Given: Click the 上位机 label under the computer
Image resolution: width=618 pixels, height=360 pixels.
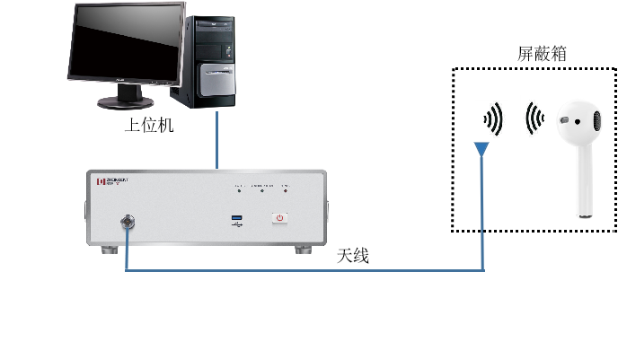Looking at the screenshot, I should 148,127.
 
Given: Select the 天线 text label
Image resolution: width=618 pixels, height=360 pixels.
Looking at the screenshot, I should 353,256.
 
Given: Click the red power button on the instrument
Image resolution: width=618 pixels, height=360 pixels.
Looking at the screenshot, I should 279,217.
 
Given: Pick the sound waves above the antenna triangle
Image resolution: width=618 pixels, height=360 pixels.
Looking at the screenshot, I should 492,119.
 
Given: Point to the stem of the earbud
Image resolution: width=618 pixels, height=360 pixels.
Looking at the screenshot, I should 584,189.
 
